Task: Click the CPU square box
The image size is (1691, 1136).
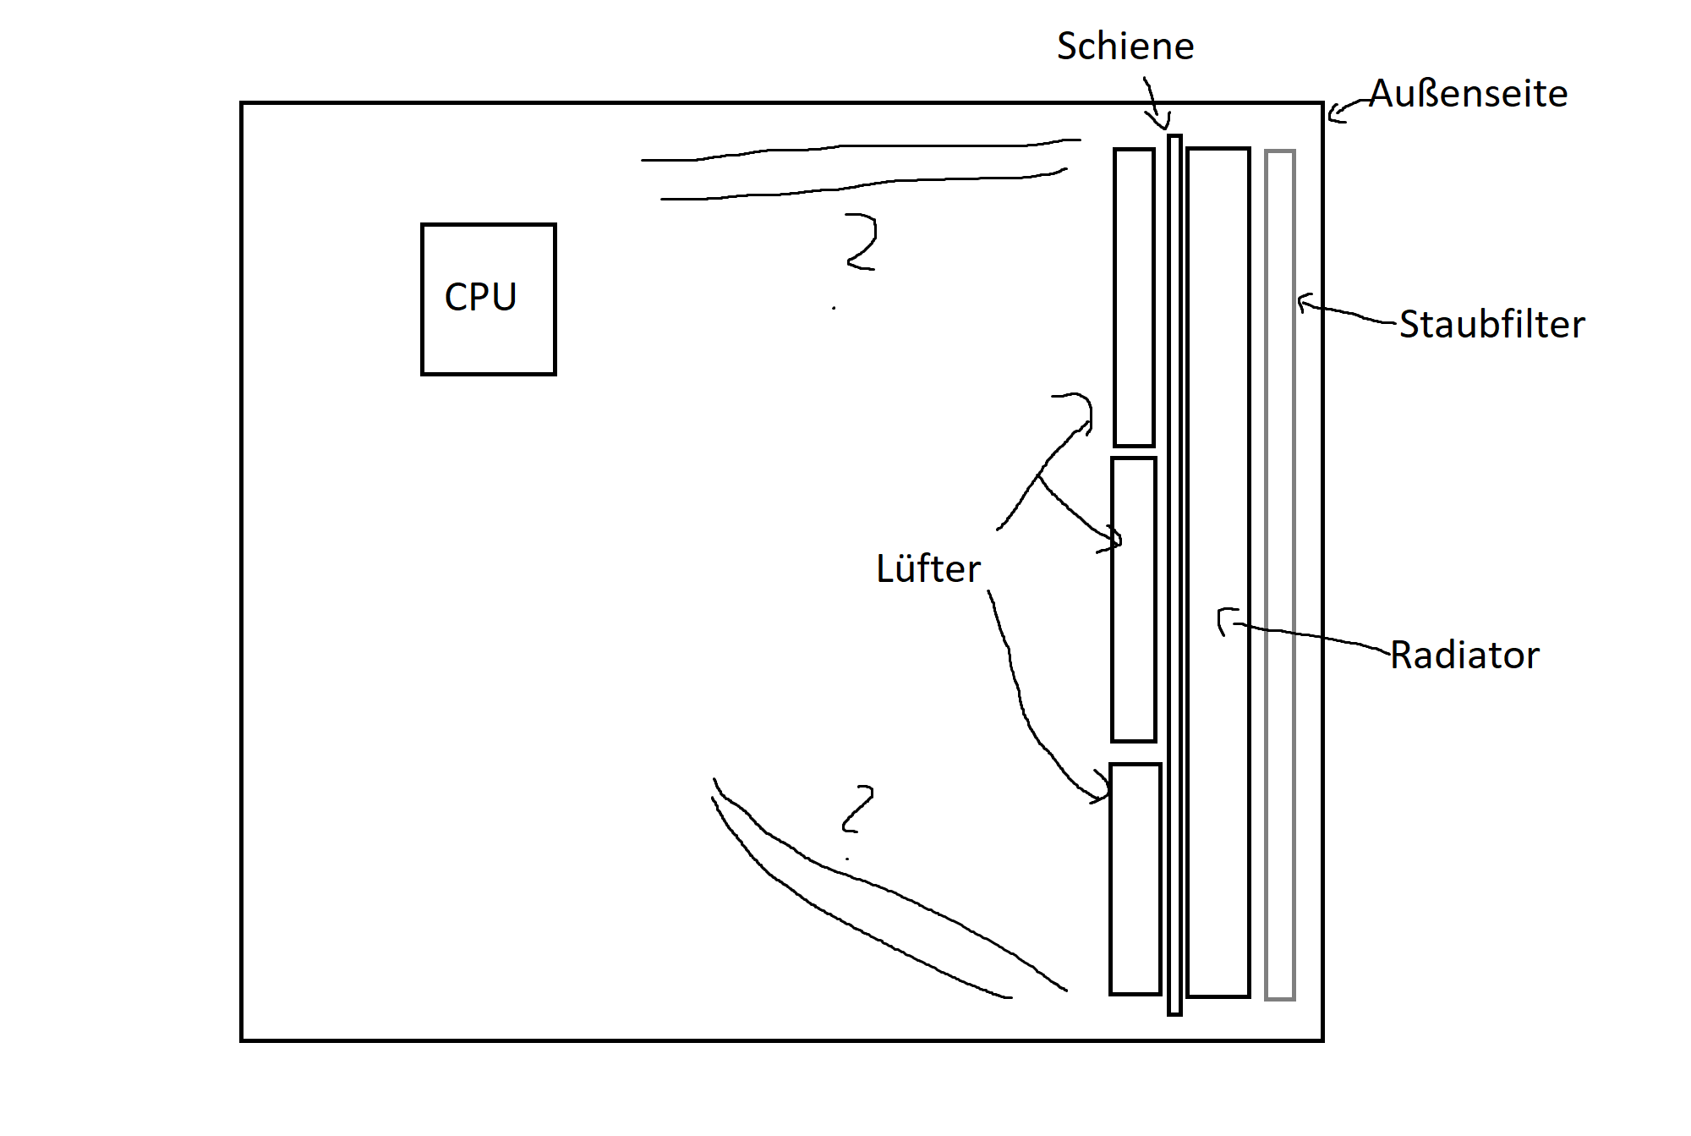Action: [x=489, y=299]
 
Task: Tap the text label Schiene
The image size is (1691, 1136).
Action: [x=1125, y=46]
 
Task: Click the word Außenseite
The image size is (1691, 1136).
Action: [x=1469, y=93]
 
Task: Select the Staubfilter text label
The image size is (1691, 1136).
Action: [x=1492, y=324]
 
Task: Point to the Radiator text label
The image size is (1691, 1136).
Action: [x=1465, y=655]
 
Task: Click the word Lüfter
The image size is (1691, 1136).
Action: [x=928, y=568]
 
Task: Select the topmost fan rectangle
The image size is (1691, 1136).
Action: [x=1134, y=297]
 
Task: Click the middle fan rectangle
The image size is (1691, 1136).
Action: [x=1134, y=600]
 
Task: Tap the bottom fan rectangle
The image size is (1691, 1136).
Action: [x=1136, y=879]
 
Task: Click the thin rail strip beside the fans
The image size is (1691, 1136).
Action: [x=1174, y=574]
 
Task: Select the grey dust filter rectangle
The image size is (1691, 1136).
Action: [x=1280, y=575]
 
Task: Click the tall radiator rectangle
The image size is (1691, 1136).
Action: [x=1218, y=573]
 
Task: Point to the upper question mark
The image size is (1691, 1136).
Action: [x=861, y=242]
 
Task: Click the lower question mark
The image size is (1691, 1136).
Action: [x=857, y=809]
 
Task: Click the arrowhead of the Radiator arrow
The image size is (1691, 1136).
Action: [x=1223, y=622]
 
